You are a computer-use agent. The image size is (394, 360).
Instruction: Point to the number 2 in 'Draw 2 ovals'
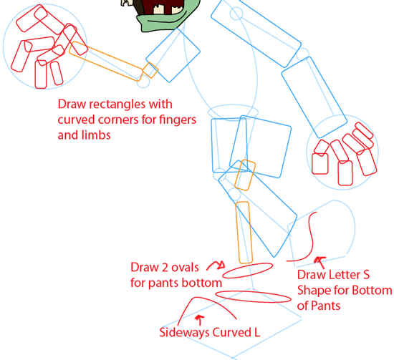[165, 268]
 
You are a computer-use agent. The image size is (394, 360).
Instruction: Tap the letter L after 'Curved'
[256, 332]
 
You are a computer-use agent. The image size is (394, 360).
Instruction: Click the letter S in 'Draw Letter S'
[366, 275]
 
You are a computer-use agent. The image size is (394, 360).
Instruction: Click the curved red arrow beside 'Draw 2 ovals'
[215, 264]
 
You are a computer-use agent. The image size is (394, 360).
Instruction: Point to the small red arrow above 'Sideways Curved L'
[200, 320]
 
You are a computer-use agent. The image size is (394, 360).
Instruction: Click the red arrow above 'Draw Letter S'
[320, 262]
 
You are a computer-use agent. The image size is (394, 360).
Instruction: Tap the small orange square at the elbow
[150, 70]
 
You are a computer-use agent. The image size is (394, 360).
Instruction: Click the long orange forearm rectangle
[106, 62]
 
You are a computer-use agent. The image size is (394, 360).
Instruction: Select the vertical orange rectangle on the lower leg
[244, 233]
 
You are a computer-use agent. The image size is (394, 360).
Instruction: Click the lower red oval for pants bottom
[254, 296]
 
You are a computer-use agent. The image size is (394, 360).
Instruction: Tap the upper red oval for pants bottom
[248, 271]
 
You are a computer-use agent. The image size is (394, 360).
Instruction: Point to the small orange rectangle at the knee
[245, 175]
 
